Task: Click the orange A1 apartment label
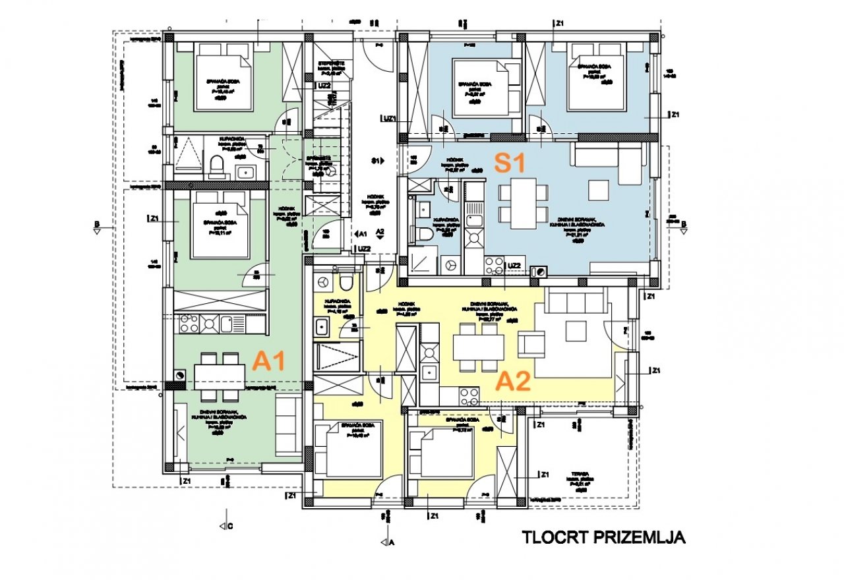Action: (x=269, y=361)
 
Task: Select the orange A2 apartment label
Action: (x=513, y=382)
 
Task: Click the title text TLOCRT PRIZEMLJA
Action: (x=603, y=537)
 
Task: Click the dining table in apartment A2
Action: (x=477, y=347)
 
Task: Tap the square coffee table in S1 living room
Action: (x=599, y=190)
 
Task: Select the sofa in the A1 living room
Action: (x=288, y=424)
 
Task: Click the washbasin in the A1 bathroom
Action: (x=245, y=172)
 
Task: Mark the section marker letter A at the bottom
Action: (x=392, y=542)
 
